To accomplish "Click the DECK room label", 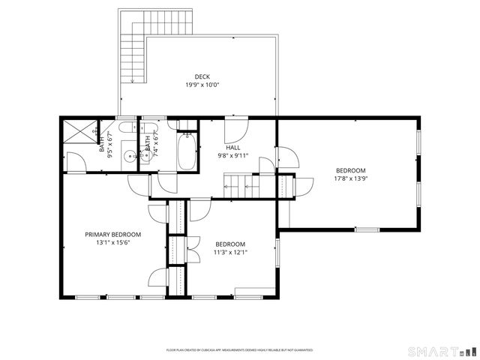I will pos(202,76).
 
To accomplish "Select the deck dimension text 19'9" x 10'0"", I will pos(202,85).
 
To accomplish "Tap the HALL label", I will pos(233,148).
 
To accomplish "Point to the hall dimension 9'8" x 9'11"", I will pos(233,156).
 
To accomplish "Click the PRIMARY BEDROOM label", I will pos(112,235).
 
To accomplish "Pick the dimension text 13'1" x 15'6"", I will pos(112,243).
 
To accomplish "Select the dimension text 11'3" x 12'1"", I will pos(230,252).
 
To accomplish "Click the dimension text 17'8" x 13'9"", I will pos(350,178).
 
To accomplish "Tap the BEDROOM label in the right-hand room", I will pos(350,170).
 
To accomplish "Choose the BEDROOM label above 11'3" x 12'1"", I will pos(230,244).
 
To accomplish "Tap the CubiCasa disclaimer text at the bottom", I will pos(239,350).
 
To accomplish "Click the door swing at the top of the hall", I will pos(236,128).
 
